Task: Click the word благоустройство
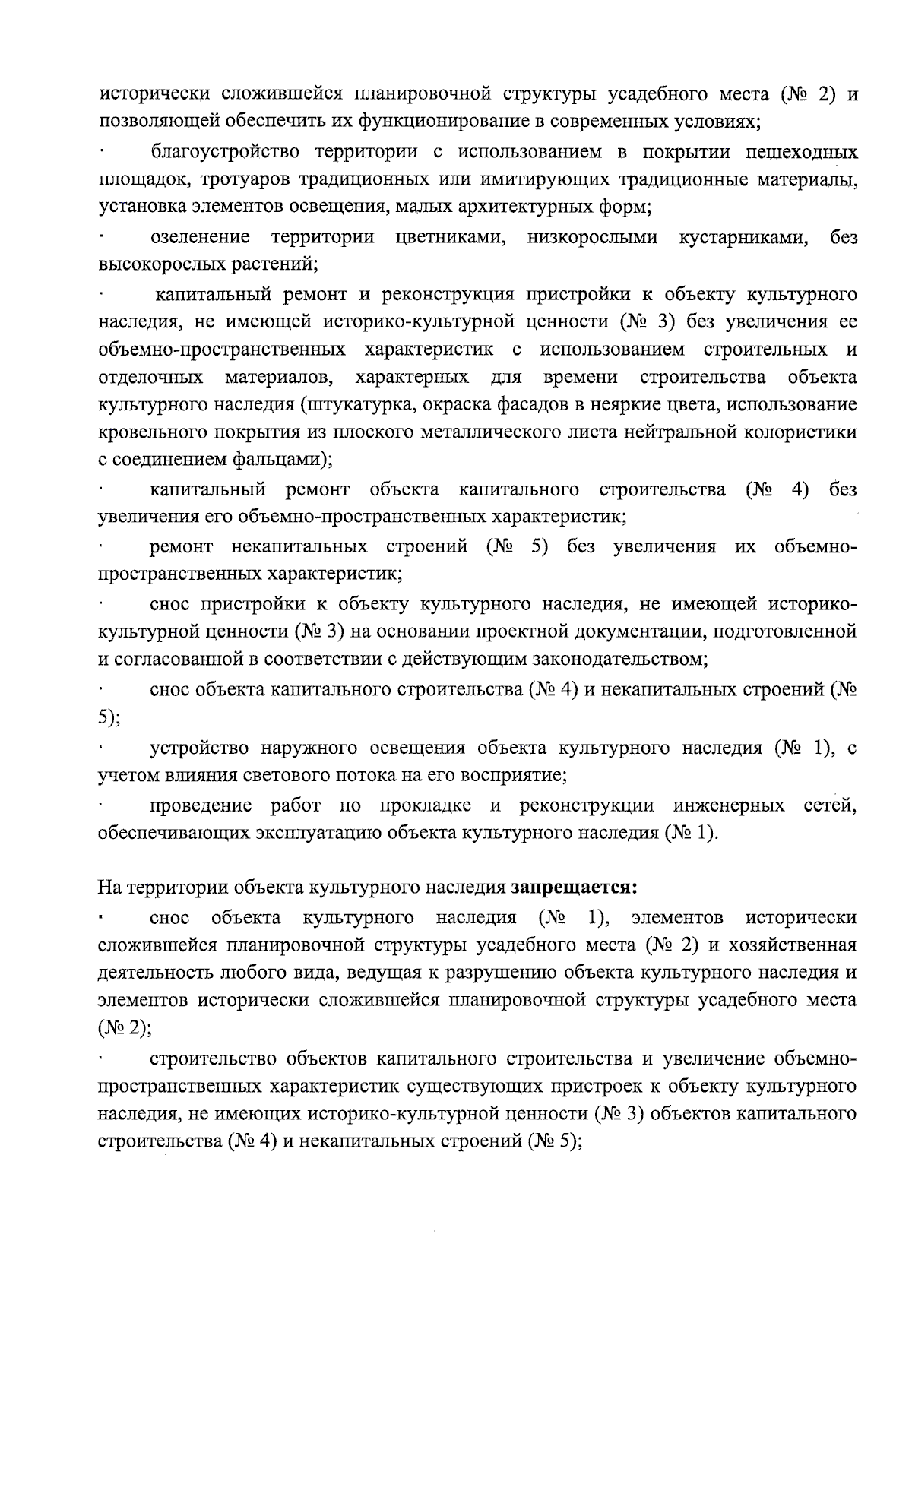(224, 151)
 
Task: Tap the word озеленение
(201, 237)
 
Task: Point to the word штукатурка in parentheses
(357, 404)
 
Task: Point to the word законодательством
(616, 659)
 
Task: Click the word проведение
(201, 805)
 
